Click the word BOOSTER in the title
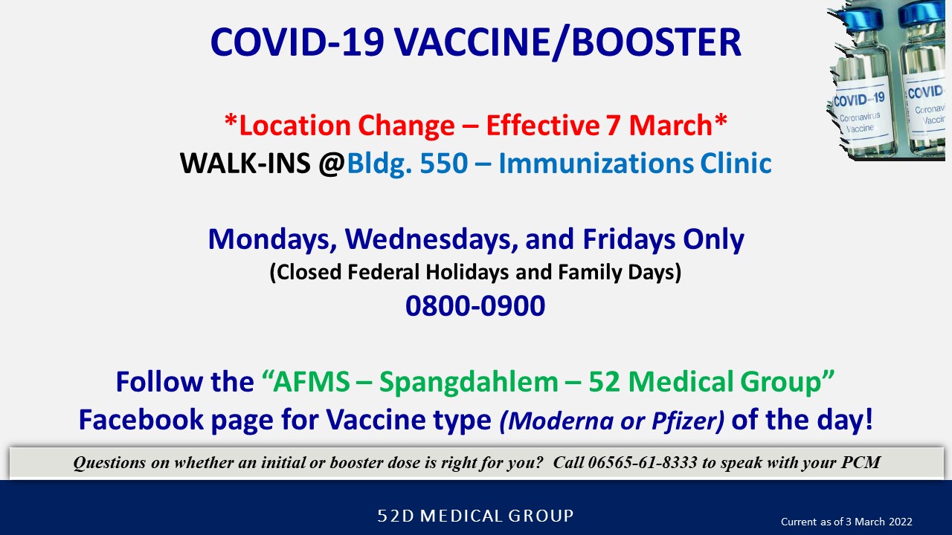tap(656, 42)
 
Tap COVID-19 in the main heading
tap(297, 42)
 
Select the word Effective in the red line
tap(542, 126)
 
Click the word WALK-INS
tap(245, 163)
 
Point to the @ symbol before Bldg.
tap(332, 164)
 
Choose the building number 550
tap(444, 163)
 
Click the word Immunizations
tap(596, 163)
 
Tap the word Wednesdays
tap(431, 239)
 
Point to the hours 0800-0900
tap(475, 305)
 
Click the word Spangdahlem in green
tap(469, 382)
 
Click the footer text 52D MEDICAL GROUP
tap(475, 516)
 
